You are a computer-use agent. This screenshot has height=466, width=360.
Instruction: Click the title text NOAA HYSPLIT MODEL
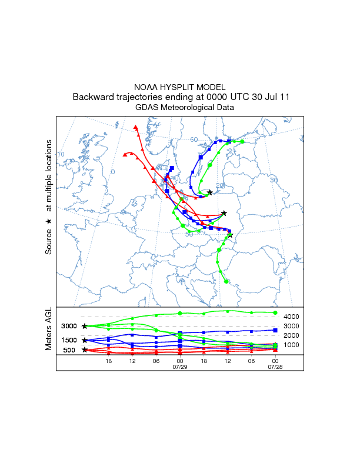tap(180, 86)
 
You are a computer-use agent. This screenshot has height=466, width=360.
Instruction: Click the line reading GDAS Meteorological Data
tap(180, 108)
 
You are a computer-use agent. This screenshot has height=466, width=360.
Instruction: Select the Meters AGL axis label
tap(49, 329)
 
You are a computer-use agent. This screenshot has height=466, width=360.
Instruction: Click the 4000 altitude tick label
tap(292, 317)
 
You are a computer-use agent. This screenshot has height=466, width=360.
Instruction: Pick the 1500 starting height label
tap(69, 340)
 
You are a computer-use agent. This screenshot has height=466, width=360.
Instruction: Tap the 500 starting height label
tap(69, 350)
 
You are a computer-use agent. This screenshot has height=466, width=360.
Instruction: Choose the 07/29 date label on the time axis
tap(179, 367)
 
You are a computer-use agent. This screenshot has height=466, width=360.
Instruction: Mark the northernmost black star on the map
tap(209, 192)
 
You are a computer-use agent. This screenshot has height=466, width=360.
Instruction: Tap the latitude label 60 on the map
tap(194, 139)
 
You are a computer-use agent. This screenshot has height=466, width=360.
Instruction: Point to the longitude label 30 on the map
tap(273, 179)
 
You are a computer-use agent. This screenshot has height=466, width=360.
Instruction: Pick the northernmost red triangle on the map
tap(136, 127)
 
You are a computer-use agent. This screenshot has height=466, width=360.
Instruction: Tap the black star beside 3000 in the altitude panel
tap(85, 326)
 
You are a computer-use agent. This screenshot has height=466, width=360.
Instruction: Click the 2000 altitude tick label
tap(292, 335)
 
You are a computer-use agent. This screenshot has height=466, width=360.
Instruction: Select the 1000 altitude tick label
tap(292, 345)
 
